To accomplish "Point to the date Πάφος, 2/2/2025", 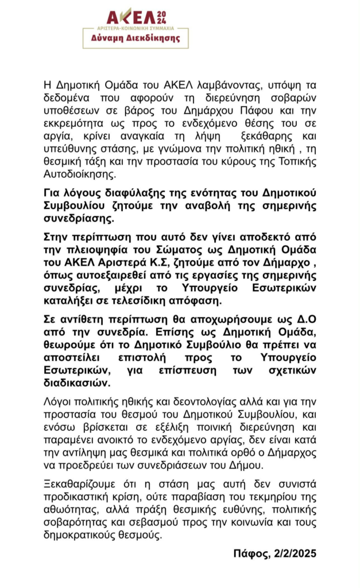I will coord(275,554).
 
